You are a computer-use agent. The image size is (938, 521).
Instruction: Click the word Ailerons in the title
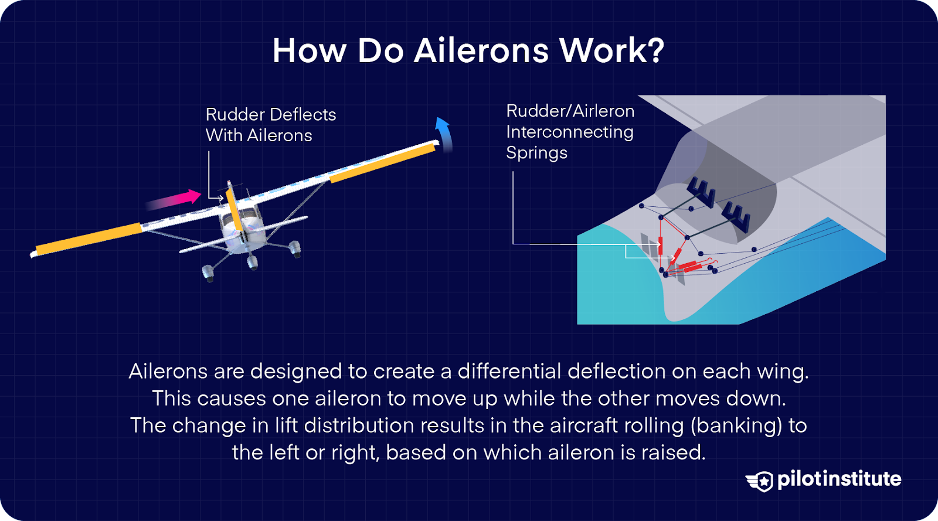tap(481, 50)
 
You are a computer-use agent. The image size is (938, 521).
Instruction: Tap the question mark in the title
tap(656, 50)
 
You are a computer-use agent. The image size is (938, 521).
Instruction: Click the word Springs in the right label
tap(536, 153)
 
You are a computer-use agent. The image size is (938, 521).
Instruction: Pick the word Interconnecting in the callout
tap(569, 132)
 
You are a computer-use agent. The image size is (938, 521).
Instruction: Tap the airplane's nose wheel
tap(253, 262)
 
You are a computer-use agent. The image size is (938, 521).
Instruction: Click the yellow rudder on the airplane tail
tap(234, 209)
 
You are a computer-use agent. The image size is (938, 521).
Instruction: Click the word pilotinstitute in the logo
tap(839, 479)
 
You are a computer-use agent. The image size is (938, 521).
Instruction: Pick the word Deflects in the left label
tap(304, 114)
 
